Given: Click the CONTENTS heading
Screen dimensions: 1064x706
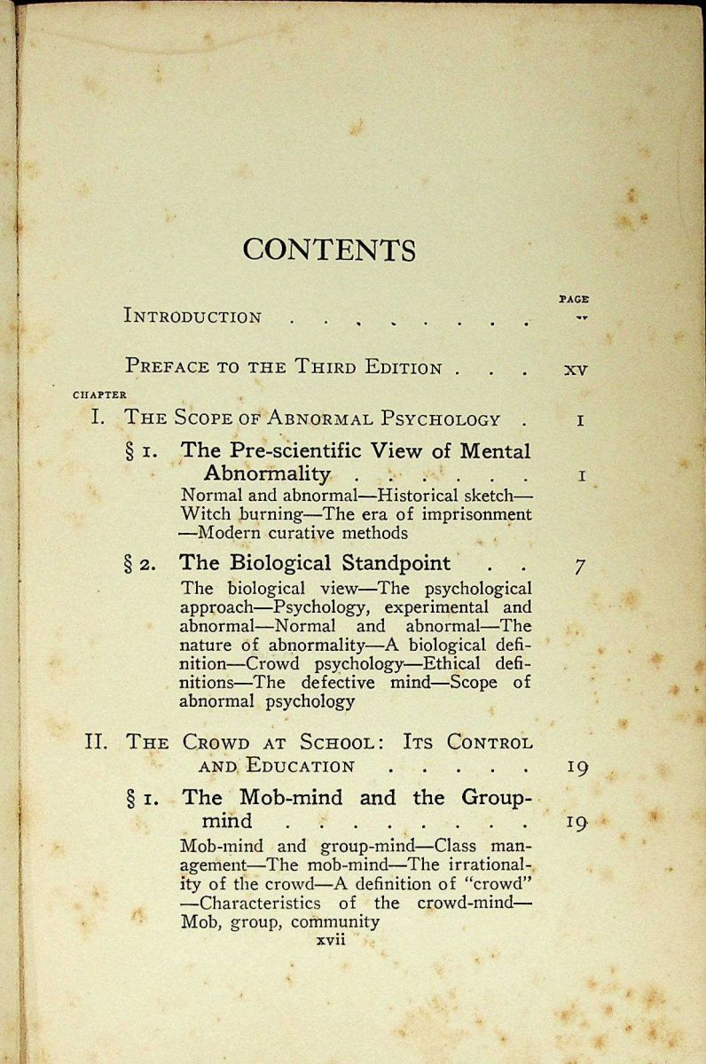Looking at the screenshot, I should pos(329,249).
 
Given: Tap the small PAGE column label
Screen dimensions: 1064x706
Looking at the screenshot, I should pos(574,300).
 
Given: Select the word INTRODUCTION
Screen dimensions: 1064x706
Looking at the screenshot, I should pos(192,317).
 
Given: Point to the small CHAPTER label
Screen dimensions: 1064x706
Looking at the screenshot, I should pos(98,395).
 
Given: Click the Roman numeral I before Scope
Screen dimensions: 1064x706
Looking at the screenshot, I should pos(98,419).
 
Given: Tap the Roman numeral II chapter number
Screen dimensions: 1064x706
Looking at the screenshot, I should pos(96,741).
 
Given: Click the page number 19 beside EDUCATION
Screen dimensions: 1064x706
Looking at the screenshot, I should pos(577,767).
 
